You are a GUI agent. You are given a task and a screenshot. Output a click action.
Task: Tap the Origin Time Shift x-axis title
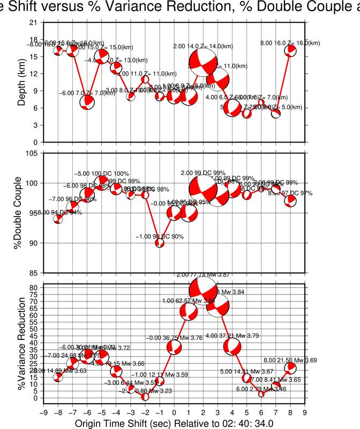tap(174, 424)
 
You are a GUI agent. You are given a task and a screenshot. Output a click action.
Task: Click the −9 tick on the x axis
tap(43, 413)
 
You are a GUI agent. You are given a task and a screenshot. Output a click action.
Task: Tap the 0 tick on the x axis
tap(174, 413)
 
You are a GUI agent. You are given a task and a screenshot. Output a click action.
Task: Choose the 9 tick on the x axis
tap(305, 413)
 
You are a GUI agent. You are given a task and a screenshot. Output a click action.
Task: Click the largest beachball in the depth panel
tap(204, 63)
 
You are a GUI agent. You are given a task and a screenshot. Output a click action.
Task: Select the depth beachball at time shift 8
tap(290, 50)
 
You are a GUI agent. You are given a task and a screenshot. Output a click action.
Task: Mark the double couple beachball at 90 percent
tap(160, 243)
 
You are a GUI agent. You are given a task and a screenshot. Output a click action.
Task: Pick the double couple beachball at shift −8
tap(58, 219)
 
